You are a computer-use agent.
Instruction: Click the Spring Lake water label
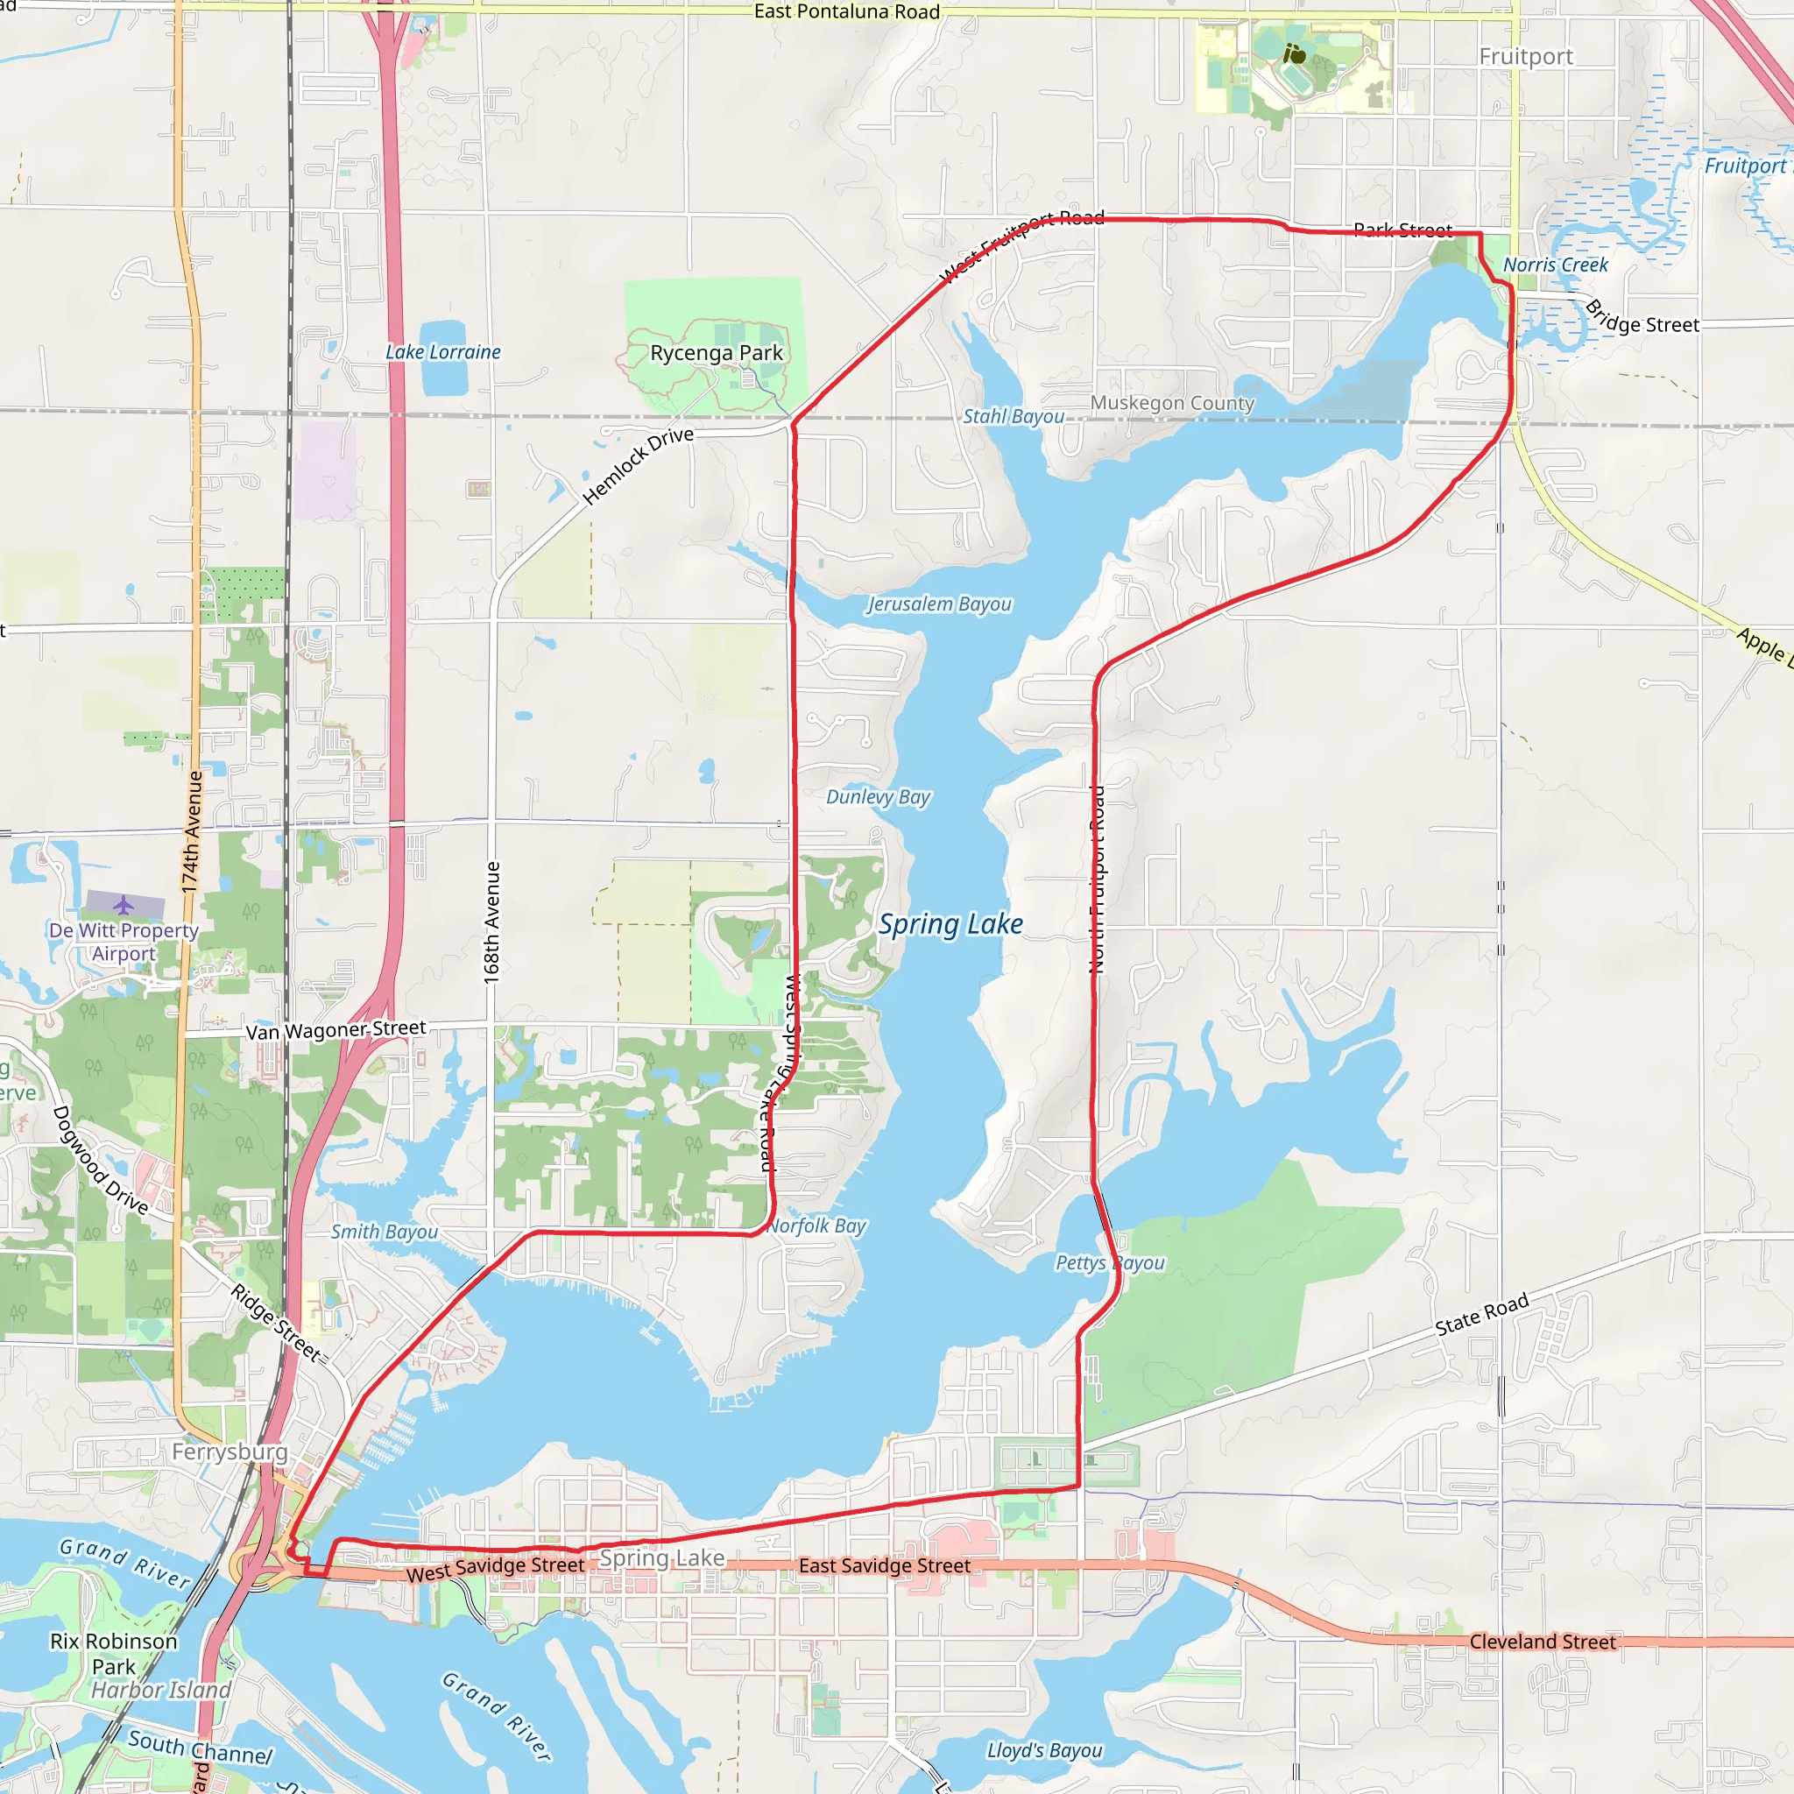(950, 925)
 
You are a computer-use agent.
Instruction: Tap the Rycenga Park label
(716, 353)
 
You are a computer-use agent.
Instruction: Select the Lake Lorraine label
(443, 352)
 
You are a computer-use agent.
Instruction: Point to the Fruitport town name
(1526, 57)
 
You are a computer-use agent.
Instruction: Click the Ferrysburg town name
(230, 1451)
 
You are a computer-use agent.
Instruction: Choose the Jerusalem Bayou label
(939, 604)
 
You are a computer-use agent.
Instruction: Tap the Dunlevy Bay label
(878, 797)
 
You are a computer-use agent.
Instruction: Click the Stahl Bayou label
(1014, 416)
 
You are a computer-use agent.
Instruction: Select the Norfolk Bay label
(817, 1225)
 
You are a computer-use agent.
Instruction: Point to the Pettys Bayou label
(1110, 1263)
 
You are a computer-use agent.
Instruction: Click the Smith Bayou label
(385, 1232)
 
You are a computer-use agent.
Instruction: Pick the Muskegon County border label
(1172, 403)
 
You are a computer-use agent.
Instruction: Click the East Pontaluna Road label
(847, 12)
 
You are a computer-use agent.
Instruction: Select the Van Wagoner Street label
(335, 1030)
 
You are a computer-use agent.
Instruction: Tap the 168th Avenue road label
(492, 923)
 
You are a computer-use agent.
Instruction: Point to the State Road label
(1482, 1314)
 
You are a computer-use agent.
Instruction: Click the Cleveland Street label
(1543, 1642)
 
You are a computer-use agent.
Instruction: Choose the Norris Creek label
(1556, 265)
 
